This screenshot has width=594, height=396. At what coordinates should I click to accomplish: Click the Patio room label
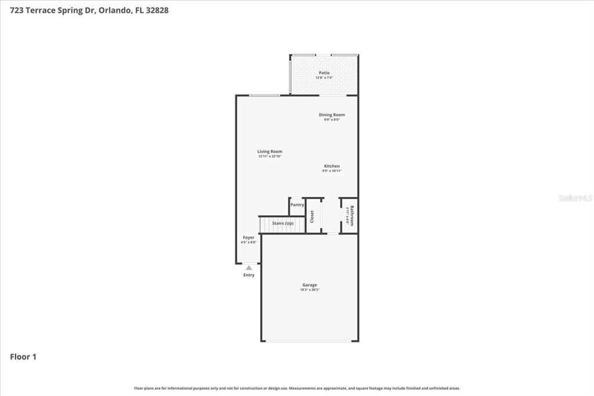click(324, 73)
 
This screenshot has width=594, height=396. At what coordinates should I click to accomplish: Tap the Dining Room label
click(332, 115)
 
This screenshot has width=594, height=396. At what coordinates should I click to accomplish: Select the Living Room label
click(270, 152)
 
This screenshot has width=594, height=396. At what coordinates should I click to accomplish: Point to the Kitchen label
click(332, 166)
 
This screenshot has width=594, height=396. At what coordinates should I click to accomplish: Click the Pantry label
click(297, 205)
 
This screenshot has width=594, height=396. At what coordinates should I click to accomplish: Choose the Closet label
click(312, 217)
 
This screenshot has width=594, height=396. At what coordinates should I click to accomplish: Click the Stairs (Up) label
click(283, 223)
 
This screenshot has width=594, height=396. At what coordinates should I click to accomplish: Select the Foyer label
click(248, 237)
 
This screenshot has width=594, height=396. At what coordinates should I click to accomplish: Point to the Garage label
click(309, 285)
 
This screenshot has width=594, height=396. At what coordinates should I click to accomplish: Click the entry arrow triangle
click(248, 268)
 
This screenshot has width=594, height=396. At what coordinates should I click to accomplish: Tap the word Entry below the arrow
click(248, 275)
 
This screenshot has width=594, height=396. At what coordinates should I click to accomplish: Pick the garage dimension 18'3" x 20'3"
click(309, 290)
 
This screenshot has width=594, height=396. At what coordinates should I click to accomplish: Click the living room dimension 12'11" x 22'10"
click(270, 156)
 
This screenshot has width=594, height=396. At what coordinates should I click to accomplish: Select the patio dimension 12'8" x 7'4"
click(324, 77)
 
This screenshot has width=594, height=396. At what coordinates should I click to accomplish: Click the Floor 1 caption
click(23, 357)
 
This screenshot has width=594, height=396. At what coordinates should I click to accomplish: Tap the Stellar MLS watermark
click(575, 198)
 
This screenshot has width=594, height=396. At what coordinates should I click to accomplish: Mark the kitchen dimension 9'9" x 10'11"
click(332, 171)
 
